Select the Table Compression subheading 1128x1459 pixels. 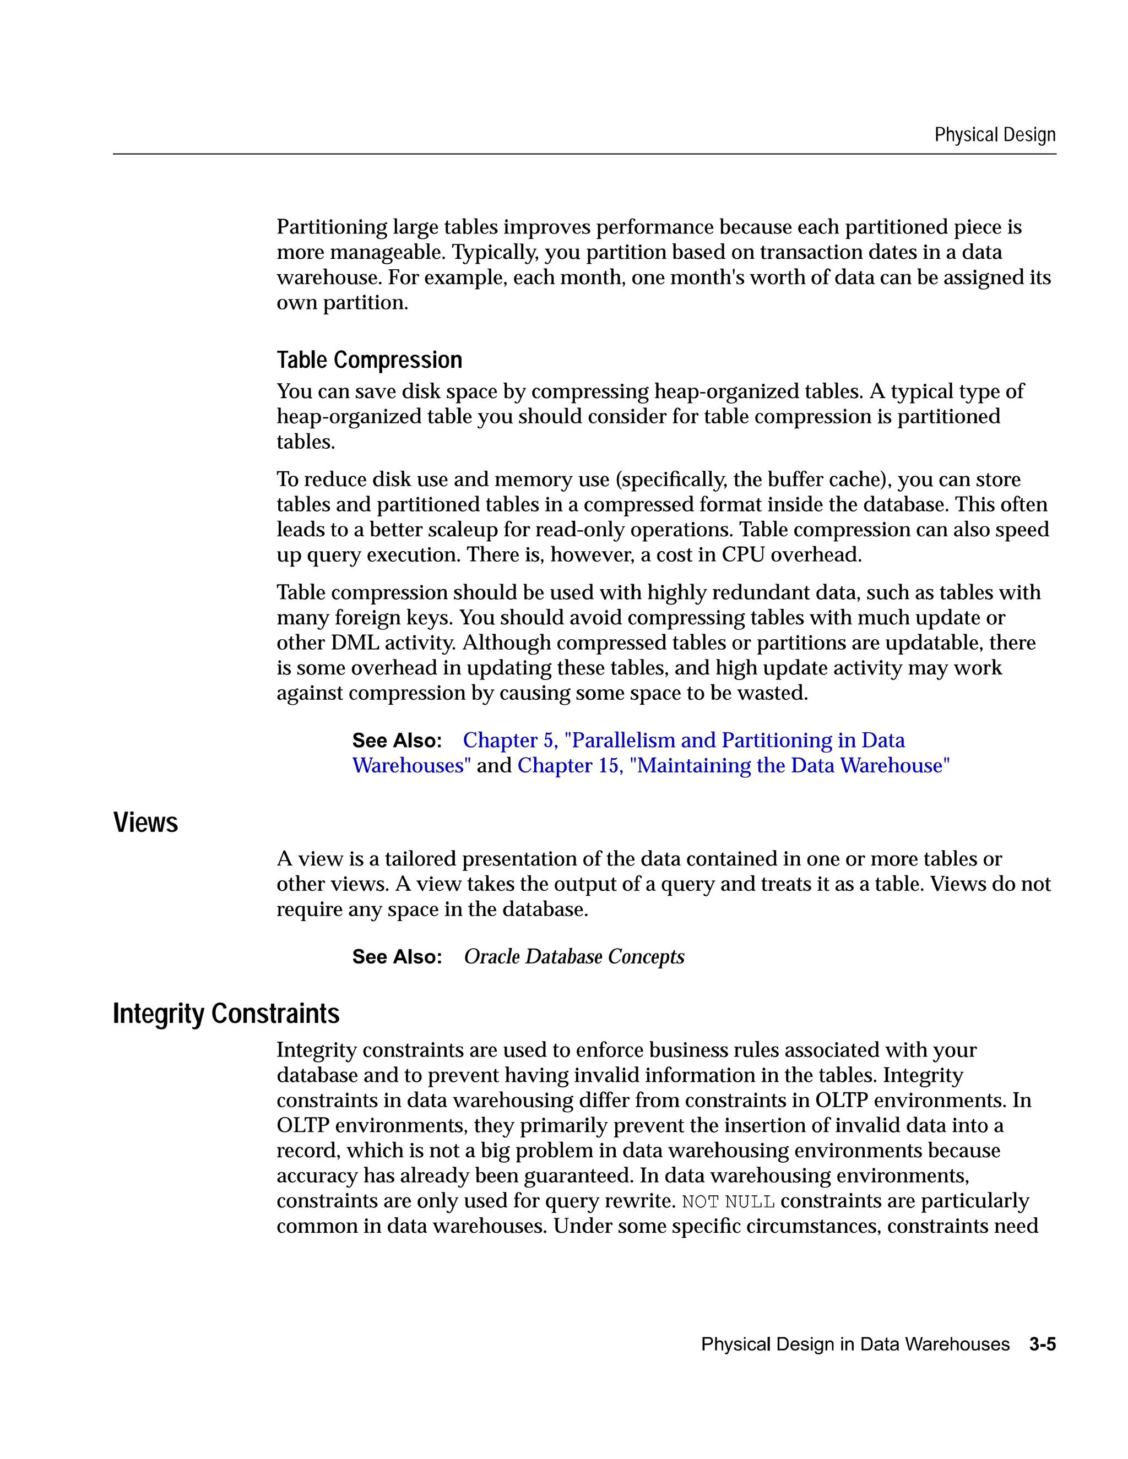(x=369, y=360)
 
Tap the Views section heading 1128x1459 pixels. (x=145, y=823)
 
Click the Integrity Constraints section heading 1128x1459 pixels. (x=226, y=1014)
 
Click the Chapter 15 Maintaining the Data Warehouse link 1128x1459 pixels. (x=733, y=766)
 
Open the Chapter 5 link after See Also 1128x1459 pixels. (x=683, y=740)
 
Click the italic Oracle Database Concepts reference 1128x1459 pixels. (x=574, y=957)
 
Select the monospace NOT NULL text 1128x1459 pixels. (x=728, y=1202)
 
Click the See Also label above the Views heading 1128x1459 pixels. (x=397, y=740)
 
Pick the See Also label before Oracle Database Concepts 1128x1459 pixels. (x=397, y=957)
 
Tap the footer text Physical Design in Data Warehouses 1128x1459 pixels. (x=855, y=1344)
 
